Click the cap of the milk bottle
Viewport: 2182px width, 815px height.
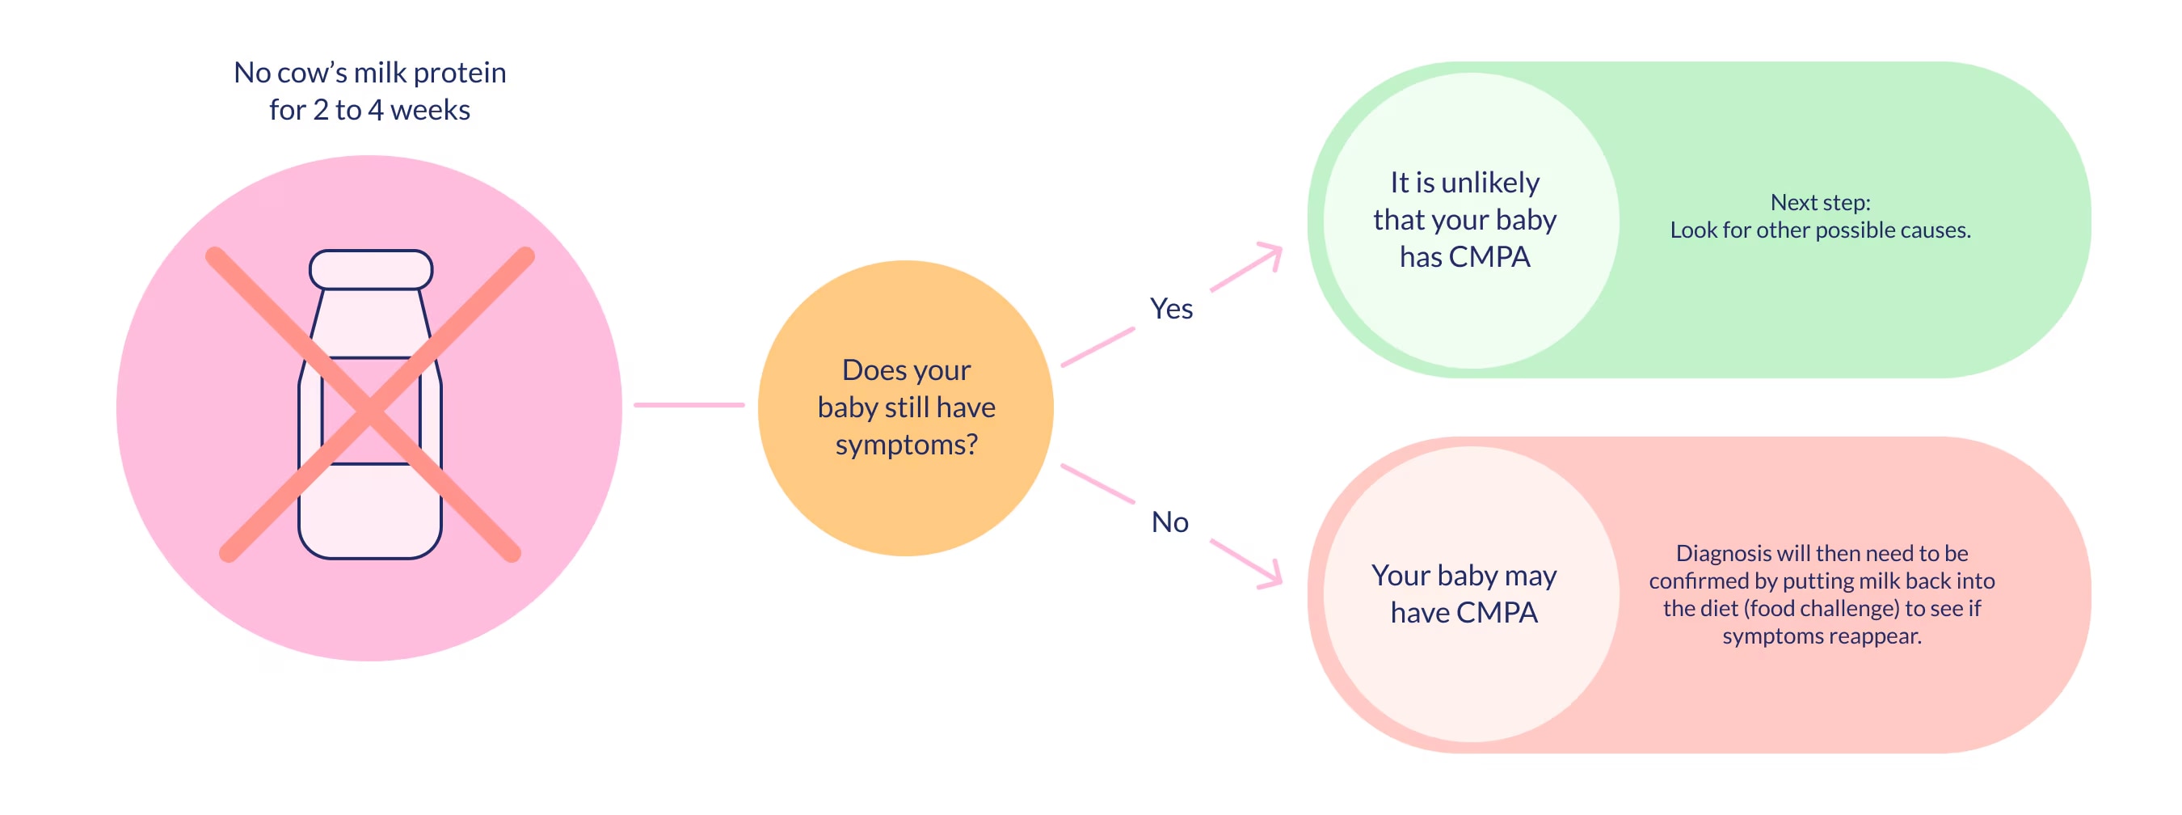(x=370, y=269)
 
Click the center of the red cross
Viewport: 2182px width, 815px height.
(x=370, y=410)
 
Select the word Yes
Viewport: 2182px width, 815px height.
(x=1171, y=309)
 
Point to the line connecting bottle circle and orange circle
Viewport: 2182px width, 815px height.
(x=689, y=405)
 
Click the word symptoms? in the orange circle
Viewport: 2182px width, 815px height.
(x=907, y=445)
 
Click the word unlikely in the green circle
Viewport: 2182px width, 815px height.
(x=1489, y=183)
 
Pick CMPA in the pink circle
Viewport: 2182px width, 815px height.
(x=1497, y=613)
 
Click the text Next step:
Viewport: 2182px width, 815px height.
(x=1820, y=202)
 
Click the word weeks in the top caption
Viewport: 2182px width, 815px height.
(x=429, y=110)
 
